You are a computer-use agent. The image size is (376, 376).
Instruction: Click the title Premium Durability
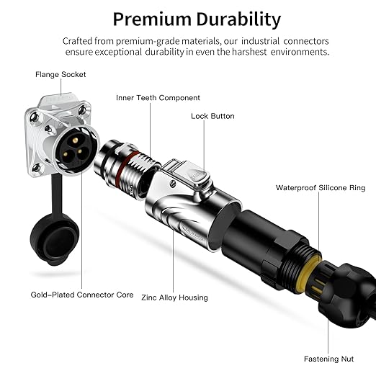point(197,19)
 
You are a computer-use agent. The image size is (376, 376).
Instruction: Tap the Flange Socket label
point(61,74)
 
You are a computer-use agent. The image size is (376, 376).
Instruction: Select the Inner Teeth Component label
point(158,98)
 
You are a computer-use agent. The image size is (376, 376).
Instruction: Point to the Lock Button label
point(212,116)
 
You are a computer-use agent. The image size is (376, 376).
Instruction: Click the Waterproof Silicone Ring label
point(321,188)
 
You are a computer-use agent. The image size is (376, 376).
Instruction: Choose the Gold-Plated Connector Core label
point(82,295)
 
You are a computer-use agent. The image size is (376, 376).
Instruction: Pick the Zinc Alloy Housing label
point(174,297)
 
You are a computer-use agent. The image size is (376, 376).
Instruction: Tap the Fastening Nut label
point(328,359)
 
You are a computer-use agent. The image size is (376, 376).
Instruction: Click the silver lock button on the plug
point(199,177)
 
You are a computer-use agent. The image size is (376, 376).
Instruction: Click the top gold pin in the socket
point(75,140)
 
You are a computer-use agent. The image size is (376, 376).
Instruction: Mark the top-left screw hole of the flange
point(34,117)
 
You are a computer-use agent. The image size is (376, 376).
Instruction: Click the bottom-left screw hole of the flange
point(37,167)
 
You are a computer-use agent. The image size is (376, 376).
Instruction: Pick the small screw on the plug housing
point(173,184)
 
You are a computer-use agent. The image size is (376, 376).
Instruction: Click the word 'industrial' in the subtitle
point(261,41)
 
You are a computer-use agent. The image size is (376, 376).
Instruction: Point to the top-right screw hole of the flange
point(82,110)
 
